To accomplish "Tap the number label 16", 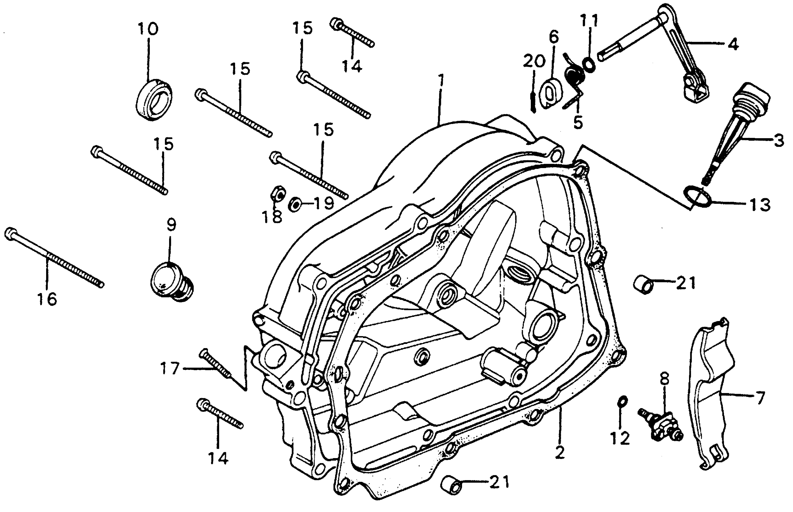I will click(x=47, y=299).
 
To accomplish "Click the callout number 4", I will click(x=733, y=45).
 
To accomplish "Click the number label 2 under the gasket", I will click(x=560, y=452).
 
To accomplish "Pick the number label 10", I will click(x=148, y=29).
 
